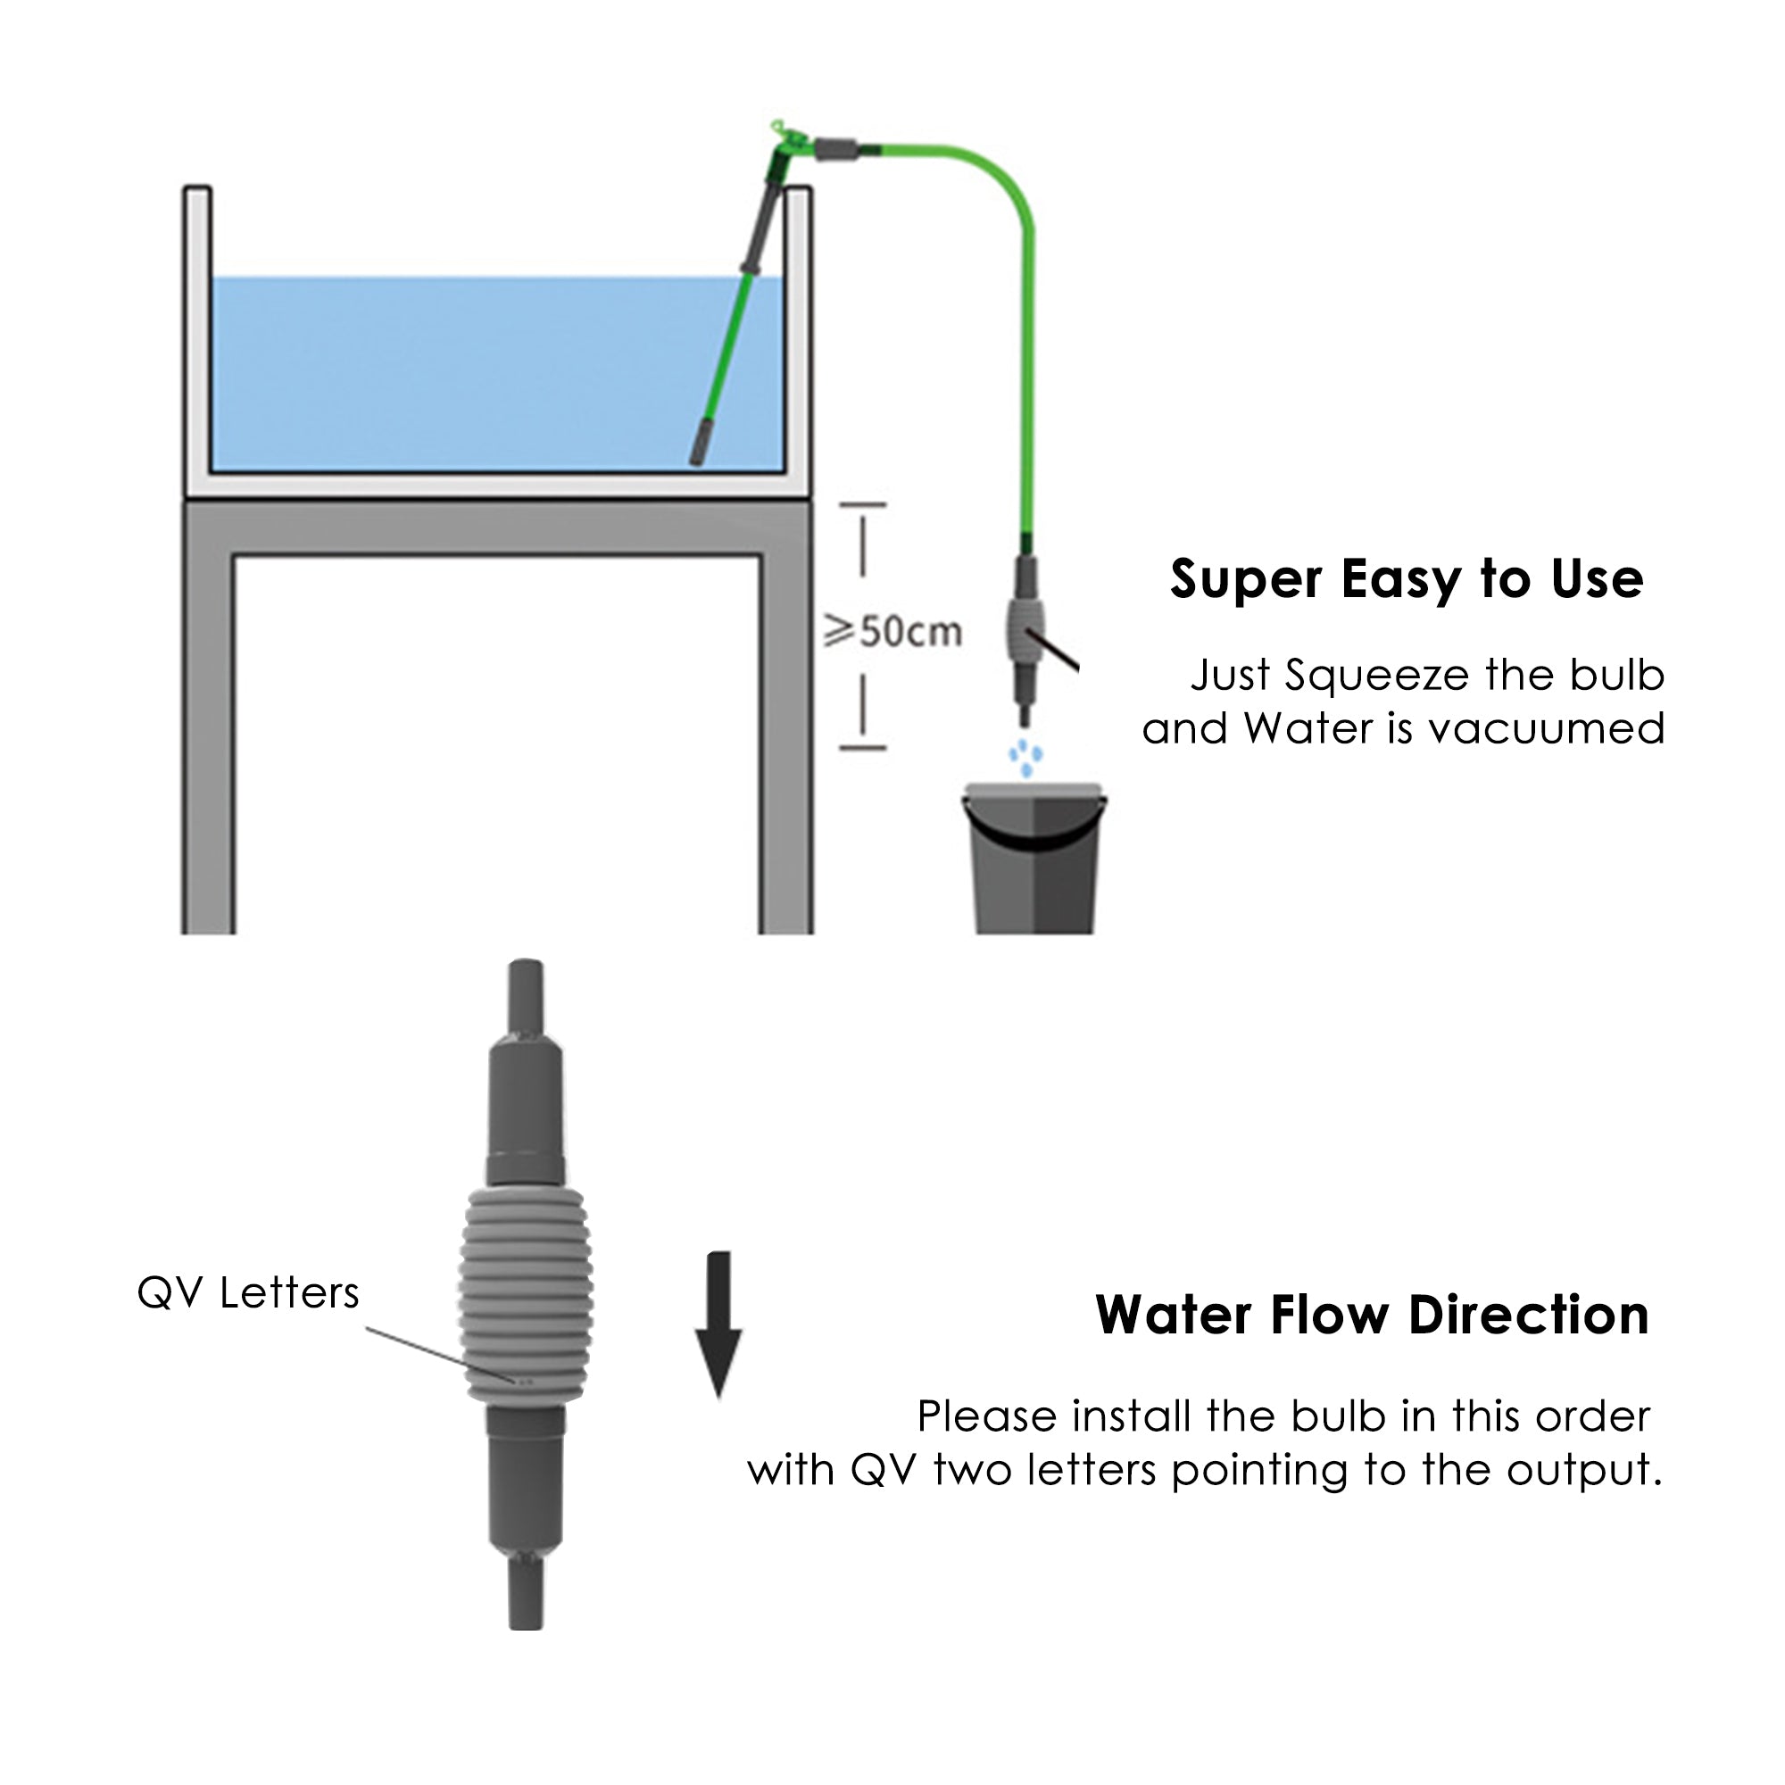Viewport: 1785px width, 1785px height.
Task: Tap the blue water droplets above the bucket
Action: click(x=1025, y=757)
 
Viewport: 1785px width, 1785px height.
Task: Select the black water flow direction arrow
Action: click(x=718, y=1324)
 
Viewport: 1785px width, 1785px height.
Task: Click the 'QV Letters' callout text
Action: click(x=247, y=1292)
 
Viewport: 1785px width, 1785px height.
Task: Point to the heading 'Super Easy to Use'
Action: click(x=1407, y=579)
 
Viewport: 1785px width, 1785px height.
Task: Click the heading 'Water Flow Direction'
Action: click(x=1372, y=1315)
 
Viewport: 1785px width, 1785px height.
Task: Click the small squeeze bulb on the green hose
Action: click(x=1025, y=629)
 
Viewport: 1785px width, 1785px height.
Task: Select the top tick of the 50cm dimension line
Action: click(x=863, y=505)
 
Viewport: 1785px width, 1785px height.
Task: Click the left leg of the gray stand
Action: click(x=209, y=739)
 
